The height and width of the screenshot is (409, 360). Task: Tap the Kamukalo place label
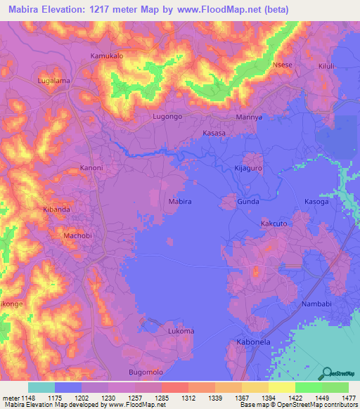coord(107,56)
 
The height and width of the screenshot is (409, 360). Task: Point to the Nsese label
coord(282,64)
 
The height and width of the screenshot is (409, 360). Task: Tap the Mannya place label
coord(249,117)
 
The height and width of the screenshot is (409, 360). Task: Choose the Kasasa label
coord(214,133)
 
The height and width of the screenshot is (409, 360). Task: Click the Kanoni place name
coord(91,168)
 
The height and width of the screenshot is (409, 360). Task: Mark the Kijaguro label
coord(247,169)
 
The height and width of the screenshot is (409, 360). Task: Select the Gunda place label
coord(248,202)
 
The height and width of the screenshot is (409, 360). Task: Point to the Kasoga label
coord(316,202)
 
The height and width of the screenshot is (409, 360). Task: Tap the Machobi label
coord(78,236)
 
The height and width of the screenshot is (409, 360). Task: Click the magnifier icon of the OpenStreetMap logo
coord(328,373)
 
